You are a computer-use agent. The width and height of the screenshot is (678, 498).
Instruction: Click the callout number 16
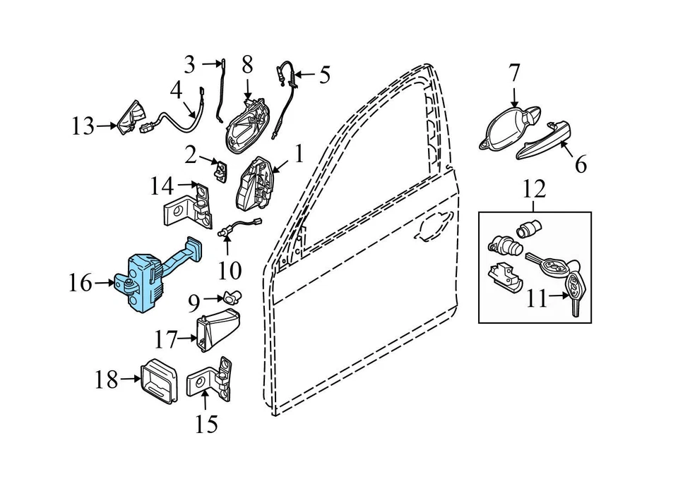pos(81,284)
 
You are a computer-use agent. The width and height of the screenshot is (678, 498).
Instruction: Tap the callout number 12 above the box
pos(534,188)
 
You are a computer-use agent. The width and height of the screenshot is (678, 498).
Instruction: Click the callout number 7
pos(513,73)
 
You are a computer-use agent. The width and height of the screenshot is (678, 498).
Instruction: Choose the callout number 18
pos(107,379)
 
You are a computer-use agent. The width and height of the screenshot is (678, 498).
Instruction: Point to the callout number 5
pos(324,75)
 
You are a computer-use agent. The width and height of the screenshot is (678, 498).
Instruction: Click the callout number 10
pos(230,269)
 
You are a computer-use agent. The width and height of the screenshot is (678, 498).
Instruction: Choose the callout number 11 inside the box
pos(537,300)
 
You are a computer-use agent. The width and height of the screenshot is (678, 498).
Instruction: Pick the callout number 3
pos(189,65)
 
